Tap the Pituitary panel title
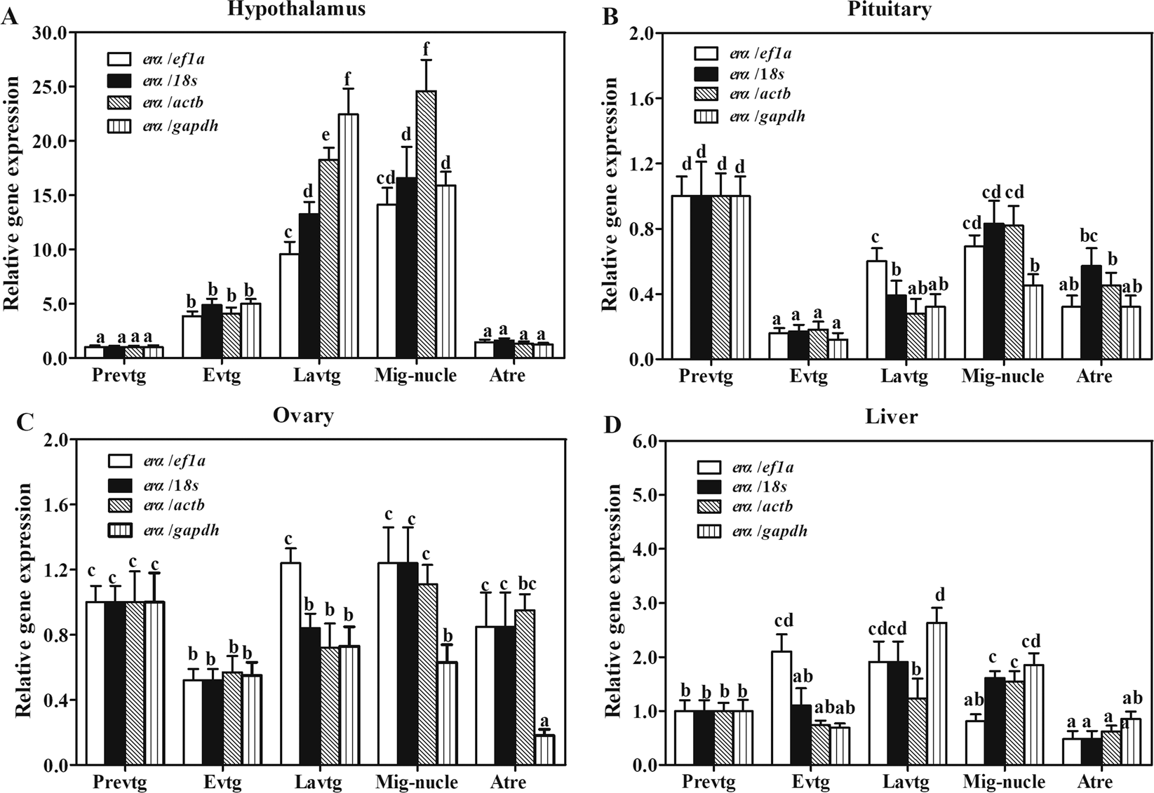point(891,9)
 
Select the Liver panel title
point(892,416)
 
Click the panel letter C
point(24,422)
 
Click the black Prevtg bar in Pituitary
point(700,278)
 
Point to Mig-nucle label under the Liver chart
point(1004,782)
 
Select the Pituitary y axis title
point(610,194)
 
